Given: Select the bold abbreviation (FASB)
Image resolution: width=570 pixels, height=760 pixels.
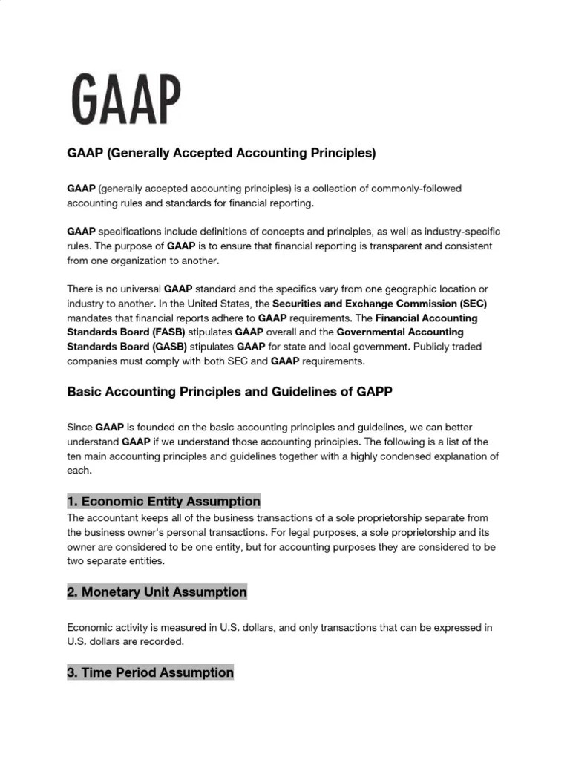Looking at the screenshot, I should tap(163, 332).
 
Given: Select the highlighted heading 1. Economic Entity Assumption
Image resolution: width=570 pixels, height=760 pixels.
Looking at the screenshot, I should tap(163, 501).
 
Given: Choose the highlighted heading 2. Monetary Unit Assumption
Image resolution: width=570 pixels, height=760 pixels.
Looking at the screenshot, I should tap(157, 592).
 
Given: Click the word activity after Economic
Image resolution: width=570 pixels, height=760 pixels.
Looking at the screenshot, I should tap(136, 627).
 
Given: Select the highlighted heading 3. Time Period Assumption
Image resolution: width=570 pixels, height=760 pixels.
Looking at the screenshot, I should tap(150, 672).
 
